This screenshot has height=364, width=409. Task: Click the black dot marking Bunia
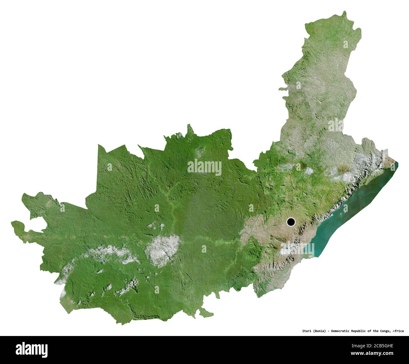[x=291, y=222]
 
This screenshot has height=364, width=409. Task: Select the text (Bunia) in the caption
[x=318, y=331]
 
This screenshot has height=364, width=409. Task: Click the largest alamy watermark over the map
[x=204, y=167]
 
